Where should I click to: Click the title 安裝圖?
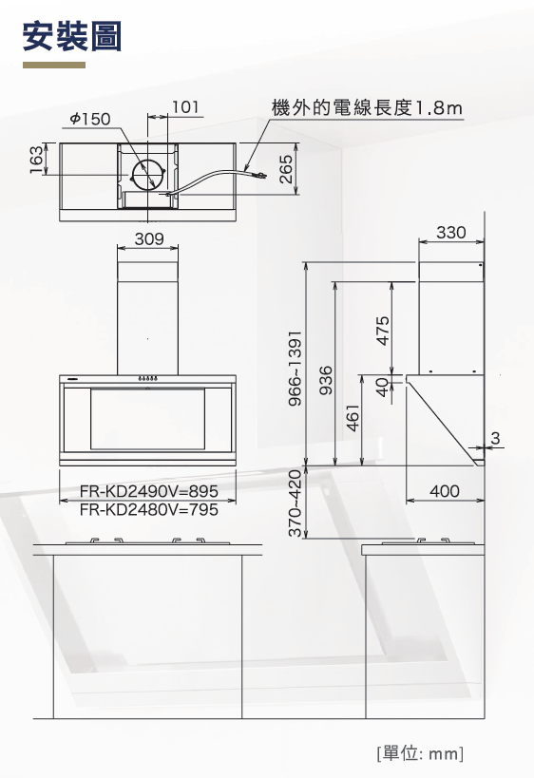click(72, 36)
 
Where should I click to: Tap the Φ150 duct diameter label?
click(90, 119)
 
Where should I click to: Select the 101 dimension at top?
click(185, 106)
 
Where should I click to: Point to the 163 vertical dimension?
click(35, 159)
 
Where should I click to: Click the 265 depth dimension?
click(285, 169)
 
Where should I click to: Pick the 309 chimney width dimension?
click(149, 238)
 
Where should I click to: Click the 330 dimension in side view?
click(450, 232)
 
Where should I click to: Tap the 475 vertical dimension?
click(383, 330)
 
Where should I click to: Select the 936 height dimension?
click(326, 380)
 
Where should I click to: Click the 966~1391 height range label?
click(295, 368)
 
